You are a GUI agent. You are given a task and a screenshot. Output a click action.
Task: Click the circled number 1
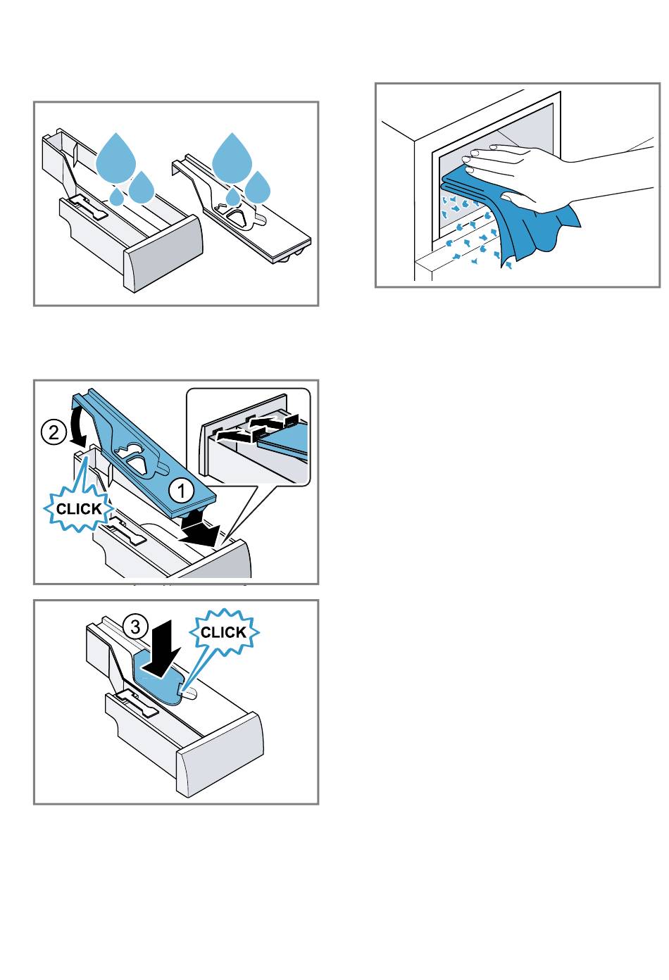point(182,491)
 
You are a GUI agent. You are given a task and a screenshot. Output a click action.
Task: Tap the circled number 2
point(54,432)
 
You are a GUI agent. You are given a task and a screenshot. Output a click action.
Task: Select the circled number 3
point(135,627)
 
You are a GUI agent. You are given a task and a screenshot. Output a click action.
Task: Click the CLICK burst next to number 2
point(79,508)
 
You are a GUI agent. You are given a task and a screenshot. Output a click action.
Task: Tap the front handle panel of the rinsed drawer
point(164,253)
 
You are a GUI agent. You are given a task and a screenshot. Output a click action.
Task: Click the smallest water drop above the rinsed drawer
point(116,196)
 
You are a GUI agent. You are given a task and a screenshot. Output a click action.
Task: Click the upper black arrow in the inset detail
point(272,421)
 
